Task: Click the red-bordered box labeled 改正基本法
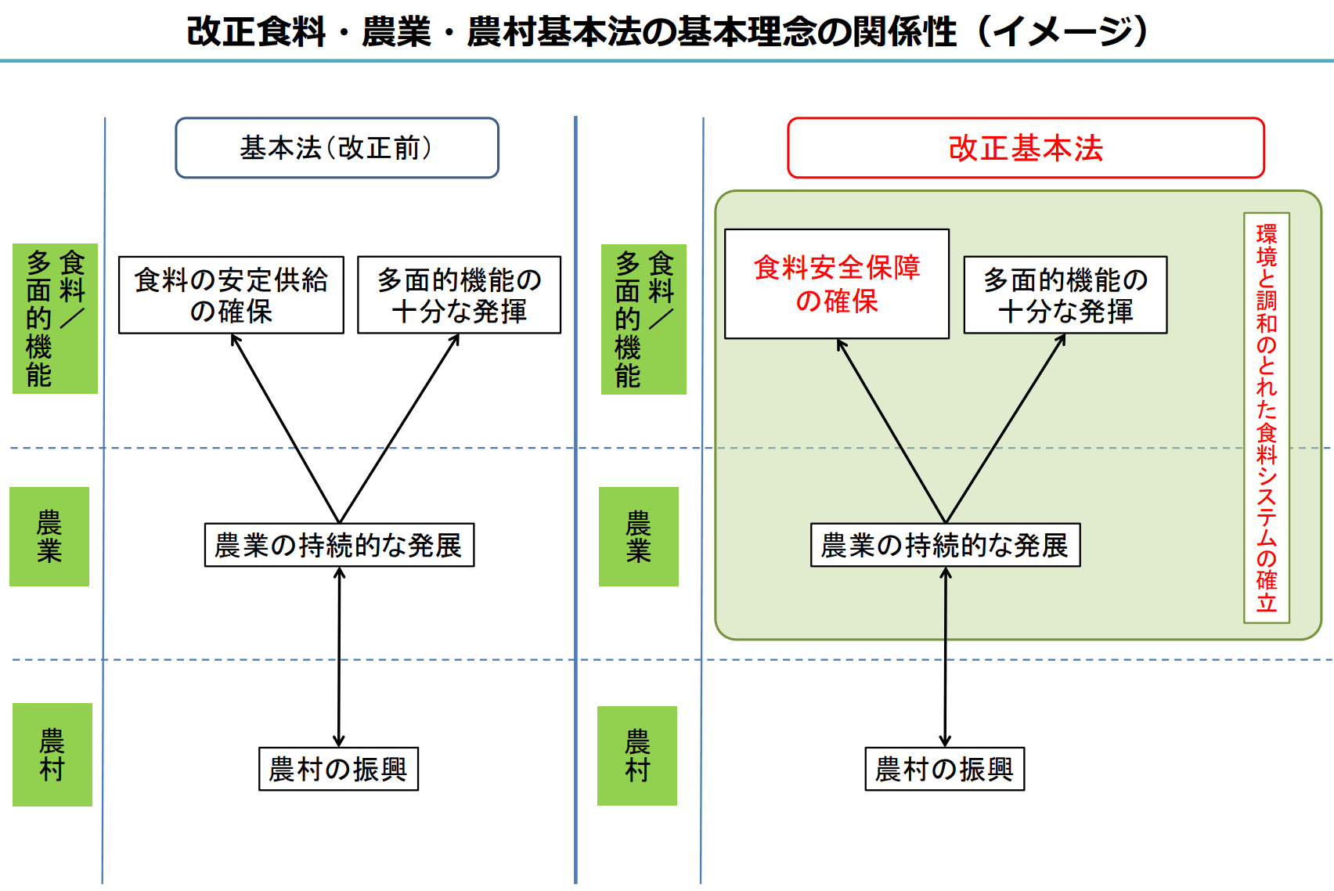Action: pyautogui.click(x=1026, y=148)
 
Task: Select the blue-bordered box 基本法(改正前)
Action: pyautogui.click(x=337, y=148)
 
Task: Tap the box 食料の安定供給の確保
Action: pyautogui.click(x=231, y=295)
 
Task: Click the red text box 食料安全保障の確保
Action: pyautogui.click(x=836, y=283)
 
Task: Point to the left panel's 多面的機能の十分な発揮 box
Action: pyautogui.click(x=459, y=295)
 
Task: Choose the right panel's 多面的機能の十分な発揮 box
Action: pyautogui.click(x=1065, y=295)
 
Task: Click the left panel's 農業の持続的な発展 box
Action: pyautogui.click(x=339, y=545)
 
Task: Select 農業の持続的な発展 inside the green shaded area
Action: pyautogui.click(x=945, y=545)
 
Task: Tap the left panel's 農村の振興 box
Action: pyautogui.click(x=338, y=769)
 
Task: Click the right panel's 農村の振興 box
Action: pyautogui.click(x=944, y=769)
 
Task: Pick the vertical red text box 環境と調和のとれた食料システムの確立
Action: pyautogui.click(x=1266, y=418)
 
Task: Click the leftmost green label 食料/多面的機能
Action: pyautogui.click(x=55, y=319)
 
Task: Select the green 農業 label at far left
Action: pyautogui.click(x=49, y=536)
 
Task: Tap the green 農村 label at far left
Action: pyautogui.click(x=52, y=755)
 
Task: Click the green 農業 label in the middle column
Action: pyautogui.click(x=638, y=536)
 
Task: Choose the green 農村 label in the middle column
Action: pyautogui.click(x=637, y=756)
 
